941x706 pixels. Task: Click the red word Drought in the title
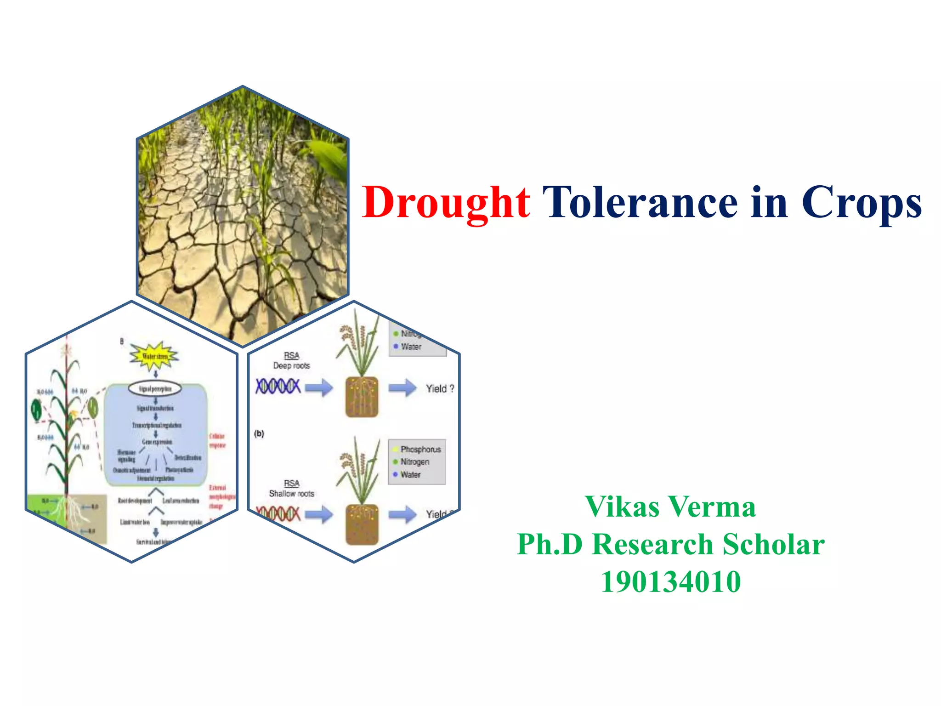click(446, 203)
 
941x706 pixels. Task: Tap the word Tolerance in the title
click(640, 203)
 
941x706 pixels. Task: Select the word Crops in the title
click(861, 203)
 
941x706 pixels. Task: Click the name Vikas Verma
click(670, 507)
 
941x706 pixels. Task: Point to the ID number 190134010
click(670, 582)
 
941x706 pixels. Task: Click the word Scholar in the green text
click(773, 545)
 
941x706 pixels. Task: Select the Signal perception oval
click(155, 389)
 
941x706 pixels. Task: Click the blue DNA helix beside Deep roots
click(278, 386)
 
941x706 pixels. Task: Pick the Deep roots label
click(291, 366)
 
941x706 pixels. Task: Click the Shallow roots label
click(291, 494)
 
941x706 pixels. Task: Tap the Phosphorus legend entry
click(420, 450)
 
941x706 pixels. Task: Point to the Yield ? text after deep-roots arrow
click(440, 389)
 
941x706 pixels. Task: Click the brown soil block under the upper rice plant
click(362, 397)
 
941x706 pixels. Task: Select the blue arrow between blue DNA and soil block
click(319, 387)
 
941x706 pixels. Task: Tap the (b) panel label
click(259, 433)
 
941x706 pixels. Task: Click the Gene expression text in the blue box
click(157, 442)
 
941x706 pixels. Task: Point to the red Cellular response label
click(217, 440)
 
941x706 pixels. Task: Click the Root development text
click(135, 501)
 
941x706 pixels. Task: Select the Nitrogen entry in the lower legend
click(414, 462)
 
